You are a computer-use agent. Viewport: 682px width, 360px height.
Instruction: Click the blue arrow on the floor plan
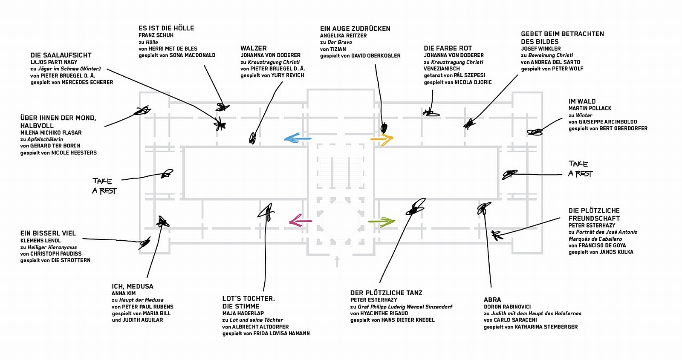(x=297, y=138)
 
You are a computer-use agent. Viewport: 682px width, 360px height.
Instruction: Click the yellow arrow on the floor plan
(x=382, y=138)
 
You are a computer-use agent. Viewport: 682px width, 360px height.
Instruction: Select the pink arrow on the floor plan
(x=300, y=221)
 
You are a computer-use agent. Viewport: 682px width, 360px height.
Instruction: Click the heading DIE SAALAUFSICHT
(x=61, y=55)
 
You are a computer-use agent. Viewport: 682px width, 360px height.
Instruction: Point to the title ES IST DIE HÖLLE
(x=166, y=28)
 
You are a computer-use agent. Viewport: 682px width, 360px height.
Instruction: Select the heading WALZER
(x=254, y=48)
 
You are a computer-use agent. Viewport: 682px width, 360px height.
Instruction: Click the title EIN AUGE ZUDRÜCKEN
(x=355, y=29)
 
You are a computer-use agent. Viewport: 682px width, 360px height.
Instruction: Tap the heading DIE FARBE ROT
(x=448, y=48)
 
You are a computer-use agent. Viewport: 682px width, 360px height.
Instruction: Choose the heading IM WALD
(x=582, y=101)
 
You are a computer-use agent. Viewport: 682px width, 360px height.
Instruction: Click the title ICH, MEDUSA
(x=133, y=286)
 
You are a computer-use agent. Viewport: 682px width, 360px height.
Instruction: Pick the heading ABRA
(x=492, y=300)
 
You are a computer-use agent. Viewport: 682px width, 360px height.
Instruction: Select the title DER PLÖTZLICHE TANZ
(x=386, y=293)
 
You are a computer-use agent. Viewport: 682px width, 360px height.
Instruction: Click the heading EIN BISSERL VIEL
(x=48, y=233)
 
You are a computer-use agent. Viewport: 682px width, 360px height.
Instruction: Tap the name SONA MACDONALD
(x=192, y=55)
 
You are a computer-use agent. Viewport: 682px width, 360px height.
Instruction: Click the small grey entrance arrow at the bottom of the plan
(x=337, y=260)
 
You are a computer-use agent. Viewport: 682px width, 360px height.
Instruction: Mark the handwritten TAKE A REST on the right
(x=580, y=169)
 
